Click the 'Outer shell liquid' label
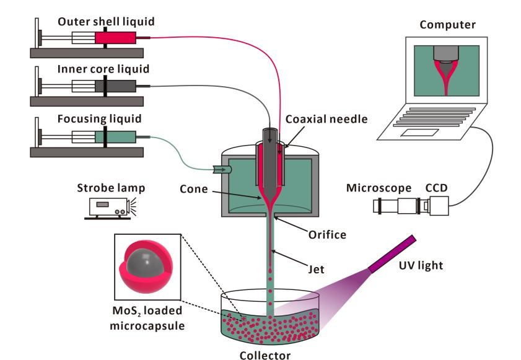tap(106, 22)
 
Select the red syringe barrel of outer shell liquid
tap(115, 38)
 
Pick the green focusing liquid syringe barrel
tap(116, 136)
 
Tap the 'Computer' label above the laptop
tap(447, 25)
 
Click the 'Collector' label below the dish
tap(265, 355)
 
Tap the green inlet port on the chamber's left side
tap(221, 169)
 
